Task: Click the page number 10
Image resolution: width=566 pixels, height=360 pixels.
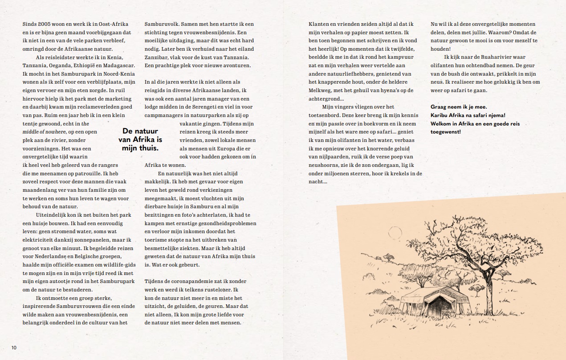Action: [x=14, y=347]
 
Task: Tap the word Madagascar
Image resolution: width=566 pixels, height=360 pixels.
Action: [x=115, y=65]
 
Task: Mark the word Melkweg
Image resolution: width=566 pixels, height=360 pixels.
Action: [x=320, y=90]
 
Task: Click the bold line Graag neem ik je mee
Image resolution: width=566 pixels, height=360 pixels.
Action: [x=459, y=107]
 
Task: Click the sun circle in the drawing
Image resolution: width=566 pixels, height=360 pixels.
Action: [x=394, y=232]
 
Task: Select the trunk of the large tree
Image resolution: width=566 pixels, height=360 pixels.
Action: [x=489, y=285]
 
